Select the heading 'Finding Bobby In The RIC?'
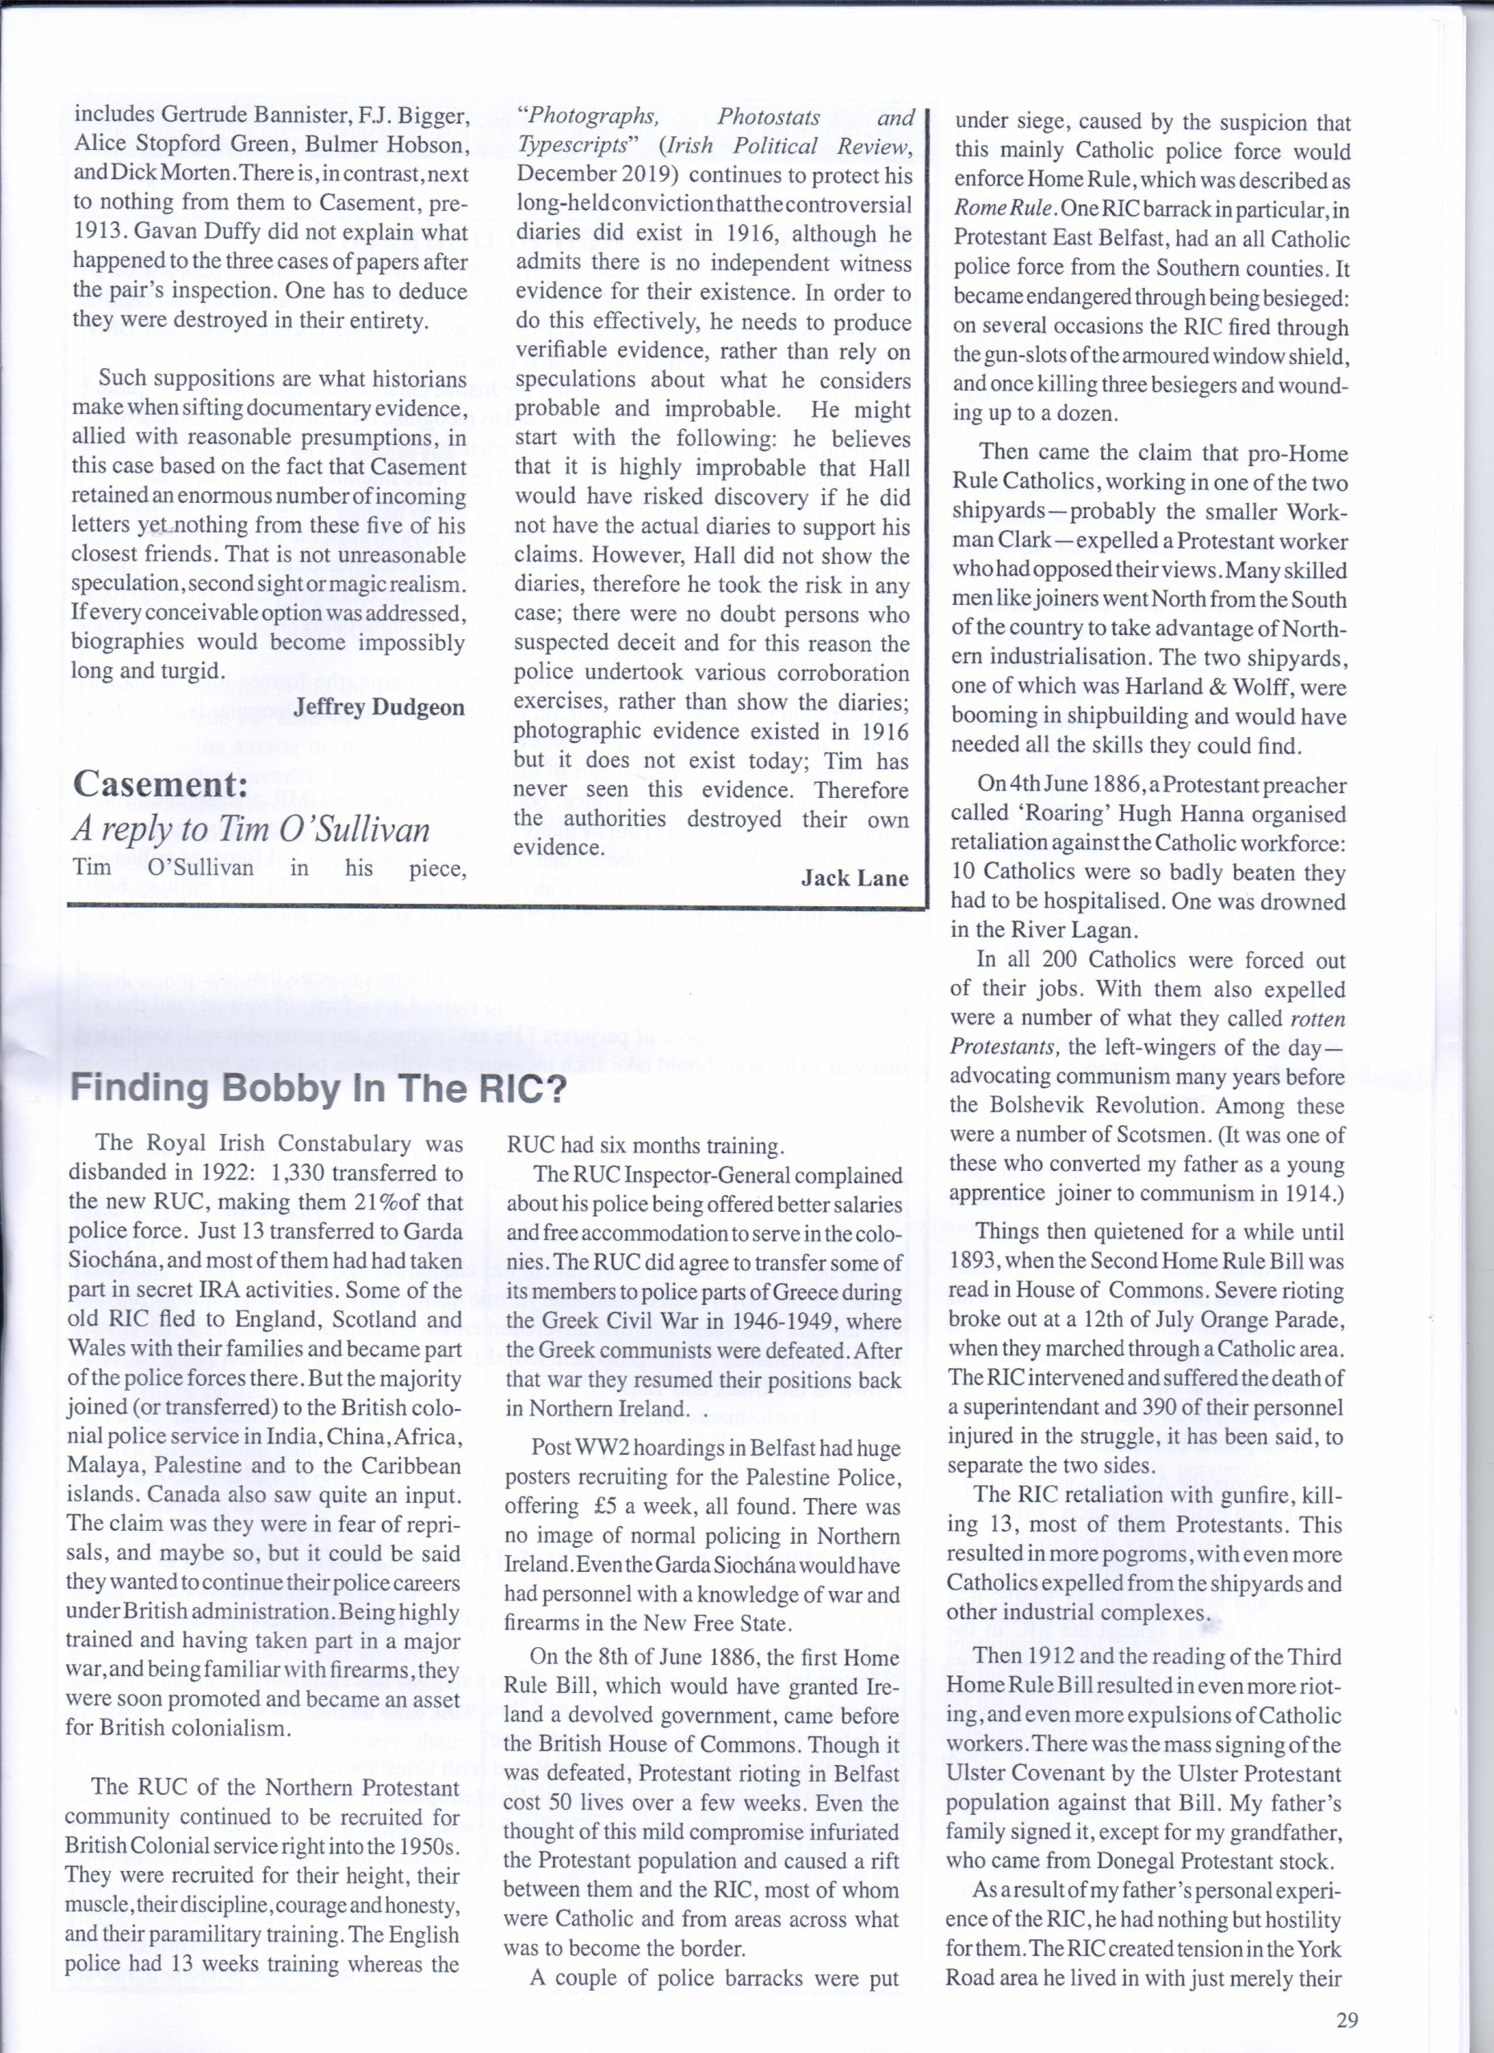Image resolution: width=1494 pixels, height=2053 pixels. click(x=317, y=1087)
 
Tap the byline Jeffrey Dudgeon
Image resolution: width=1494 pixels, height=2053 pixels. click(x=379, y=707)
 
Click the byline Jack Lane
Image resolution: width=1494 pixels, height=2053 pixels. click(x=854, y=877)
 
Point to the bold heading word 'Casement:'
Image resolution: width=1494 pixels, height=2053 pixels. click(x=160, y=784)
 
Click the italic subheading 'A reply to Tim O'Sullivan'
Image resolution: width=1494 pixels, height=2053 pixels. click(x=251, y=828)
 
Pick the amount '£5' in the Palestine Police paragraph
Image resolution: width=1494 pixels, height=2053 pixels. click(x=608, y=1506)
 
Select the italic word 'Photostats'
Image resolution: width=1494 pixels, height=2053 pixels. click(x=769, y=117)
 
